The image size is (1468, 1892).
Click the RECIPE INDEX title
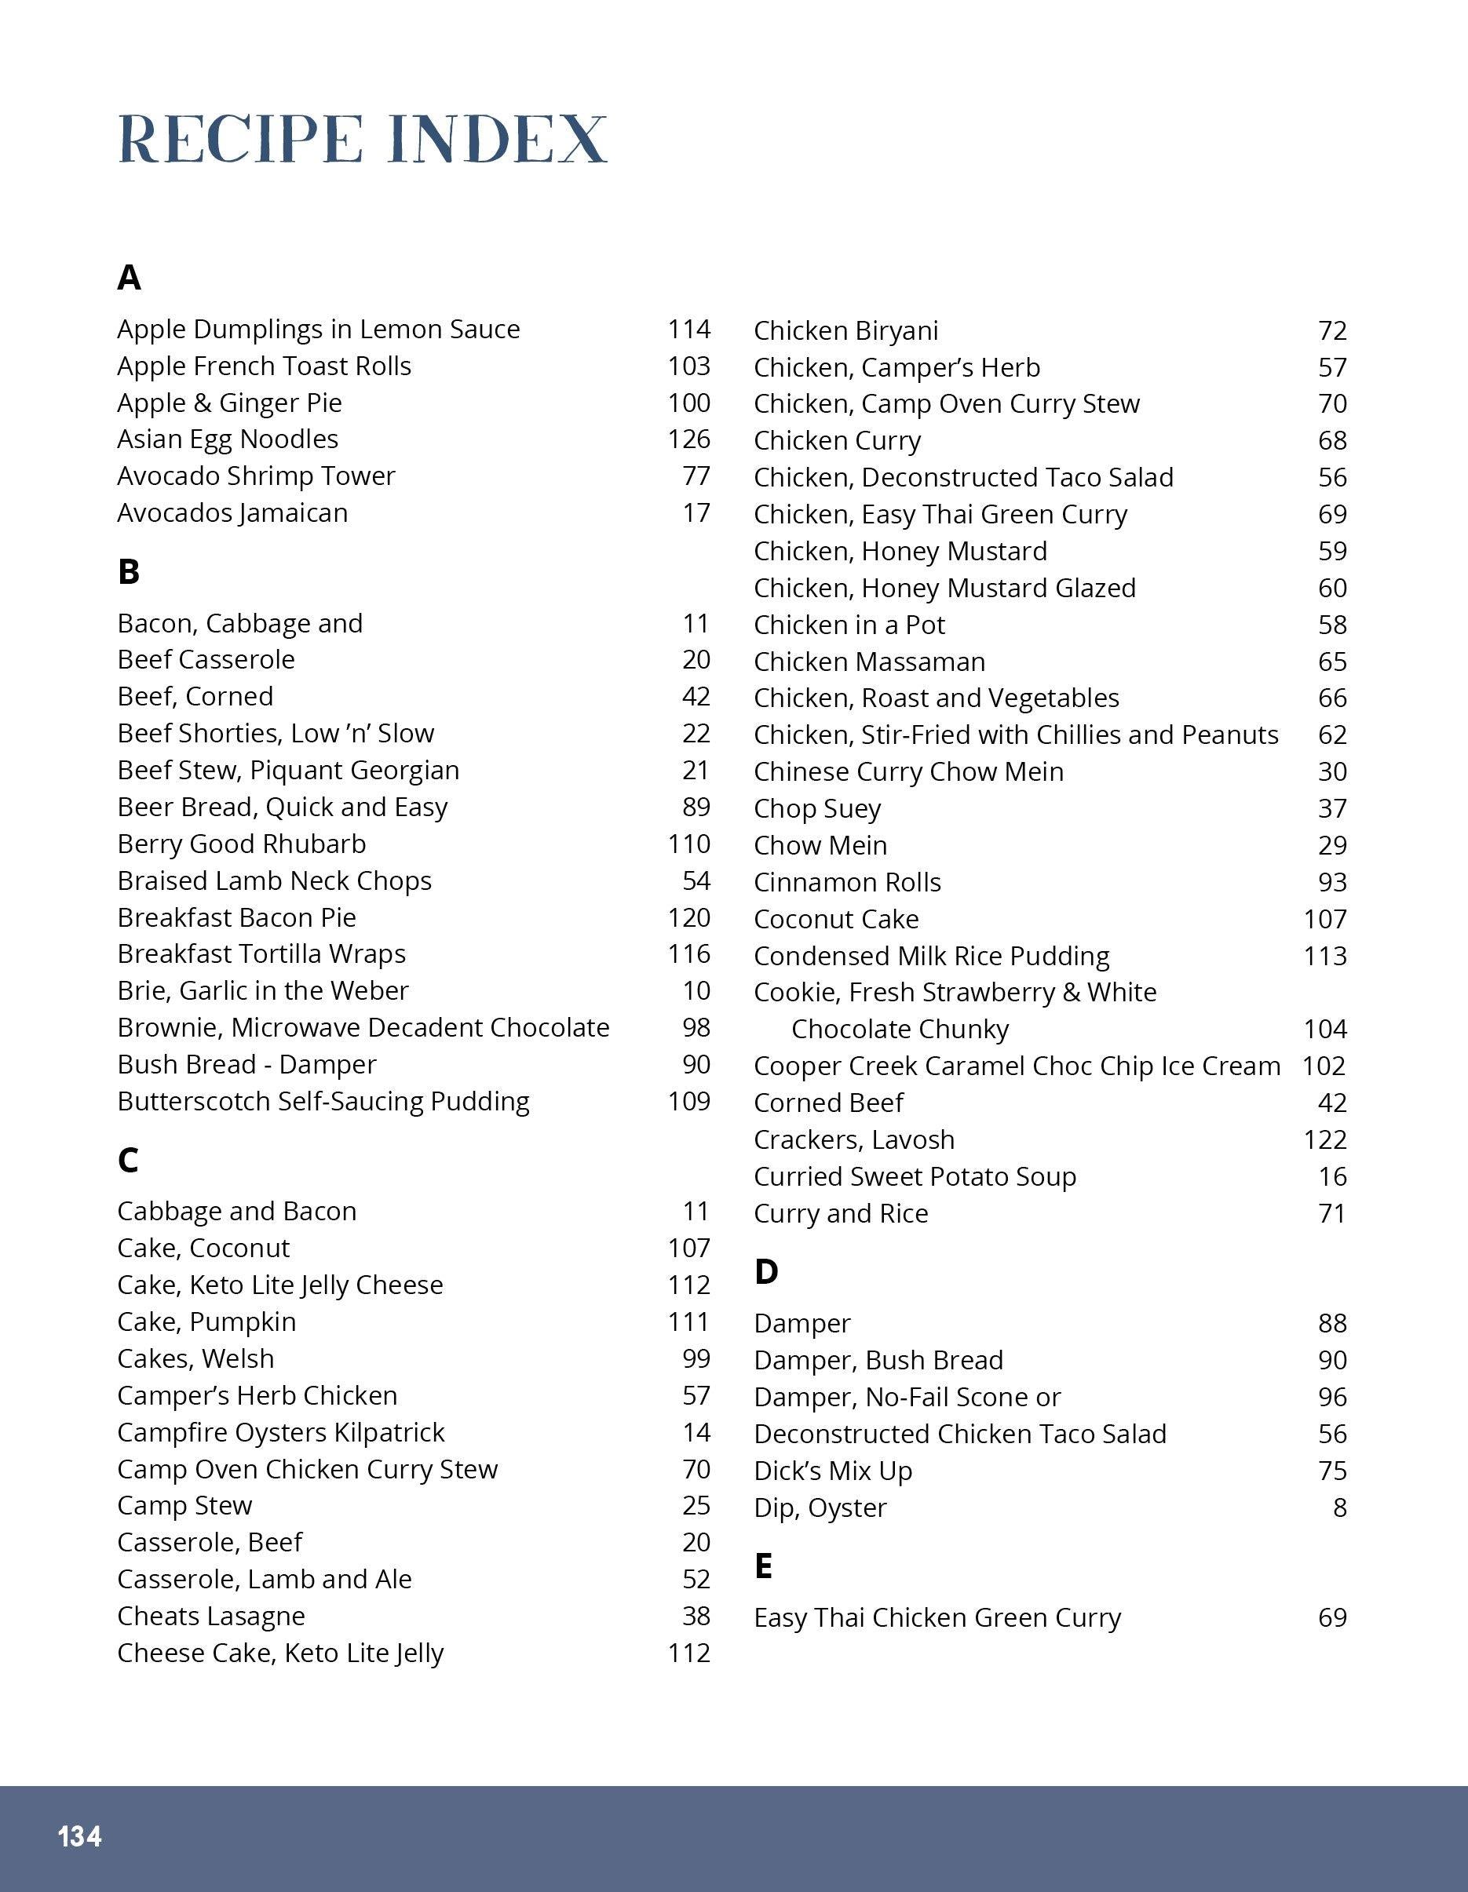[x=362, y=139]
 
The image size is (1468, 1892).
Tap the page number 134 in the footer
[x=80, y=1836]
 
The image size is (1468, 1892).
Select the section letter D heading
[x=766, y=1272]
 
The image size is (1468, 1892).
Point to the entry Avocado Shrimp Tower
[x=256, y=476]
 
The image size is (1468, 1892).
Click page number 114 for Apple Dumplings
[x=689, y=329]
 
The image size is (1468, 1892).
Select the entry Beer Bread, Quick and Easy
[x=283, y=807]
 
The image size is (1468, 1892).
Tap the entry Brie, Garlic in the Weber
[x=262, y=991]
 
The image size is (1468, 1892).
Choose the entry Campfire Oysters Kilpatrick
[x=281, y=1433]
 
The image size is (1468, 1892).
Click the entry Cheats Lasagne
[x=210, y=1617]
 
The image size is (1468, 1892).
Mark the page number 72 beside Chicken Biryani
[x=1332, y=331]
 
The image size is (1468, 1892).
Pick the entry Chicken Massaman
[x=869, y=662]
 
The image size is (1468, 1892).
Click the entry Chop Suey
[x=817, y=809]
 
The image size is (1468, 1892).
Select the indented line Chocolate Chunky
[x=900, y=1029]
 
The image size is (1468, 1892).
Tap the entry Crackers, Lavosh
[x=853, y=1140]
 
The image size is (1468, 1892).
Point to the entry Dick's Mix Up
[x=833, y=1471]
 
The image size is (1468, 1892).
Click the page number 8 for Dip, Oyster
[x=1340, y=1508]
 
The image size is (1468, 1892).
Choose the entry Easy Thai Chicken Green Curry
[x=937, y=1618]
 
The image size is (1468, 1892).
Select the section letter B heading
[x=128, y=572]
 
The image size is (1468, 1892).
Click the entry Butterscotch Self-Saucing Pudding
[x=323, y=1102]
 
